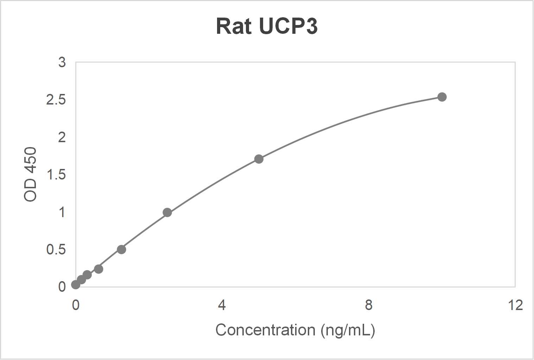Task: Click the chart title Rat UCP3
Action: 267,26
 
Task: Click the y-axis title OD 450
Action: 31,175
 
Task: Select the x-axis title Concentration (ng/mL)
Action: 295,330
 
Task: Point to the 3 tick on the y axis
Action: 62,62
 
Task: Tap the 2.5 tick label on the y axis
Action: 56,100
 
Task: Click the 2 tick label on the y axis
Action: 62,137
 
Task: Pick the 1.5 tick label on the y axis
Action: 56,175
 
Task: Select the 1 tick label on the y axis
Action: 62,212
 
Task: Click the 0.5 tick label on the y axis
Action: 56,250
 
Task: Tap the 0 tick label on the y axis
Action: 62,287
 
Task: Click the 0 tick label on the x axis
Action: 75,305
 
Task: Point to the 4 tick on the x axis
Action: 222,305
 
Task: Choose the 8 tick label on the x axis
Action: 368,305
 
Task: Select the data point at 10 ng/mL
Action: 442,97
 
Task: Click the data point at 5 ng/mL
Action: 259,159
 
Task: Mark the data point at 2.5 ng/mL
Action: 167,213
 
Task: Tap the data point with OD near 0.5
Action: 121,250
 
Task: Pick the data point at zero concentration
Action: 76,285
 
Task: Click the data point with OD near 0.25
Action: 98,269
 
